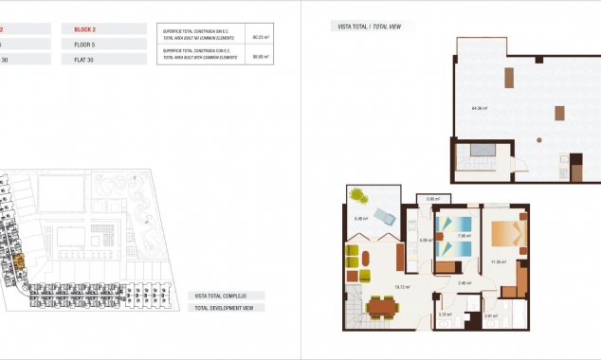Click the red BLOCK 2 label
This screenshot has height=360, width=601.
[x=87, y=29]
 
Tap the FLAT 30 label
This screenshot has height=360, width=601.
[x=85, y=59]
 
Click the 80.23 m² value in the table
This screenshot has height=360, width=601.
[x=260, y=37]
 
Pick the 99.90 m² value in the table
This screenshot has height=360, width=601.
[x=260, y=56]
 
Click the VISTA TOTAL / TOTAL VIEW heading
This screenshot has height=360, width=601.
[x=369, y=27]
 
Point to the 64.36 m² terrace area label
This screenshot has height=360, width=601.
[x=479, y=108]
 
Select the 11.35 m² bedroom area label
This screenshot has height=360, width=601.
[x=498, y=262]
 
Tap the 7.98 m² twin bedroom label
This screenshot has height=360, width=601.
[x=464, y=236]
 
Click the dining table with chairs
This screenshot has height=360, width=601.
[x=384, y=306]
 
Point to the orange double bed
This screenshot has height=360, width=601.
[x=505, y=234]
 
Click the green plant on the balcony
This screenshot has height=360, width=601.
[x=360, y=195]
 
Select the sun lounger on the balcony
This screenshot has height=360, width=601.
[x=385, y=214]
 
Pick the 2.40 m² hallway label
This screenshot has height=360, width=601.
[x=464, y=282]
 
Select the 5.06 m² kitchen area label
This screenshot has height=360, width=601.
[x=426, y=240]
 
